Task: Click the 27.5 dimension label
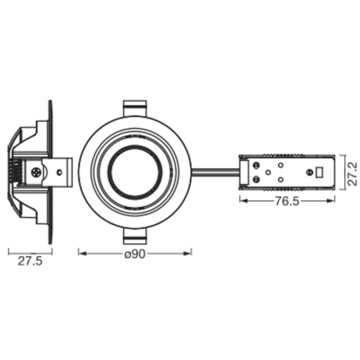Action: point(30,261)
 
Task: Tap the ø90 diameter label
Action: point(135,254)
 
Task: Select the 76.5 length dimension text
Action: point(287,201)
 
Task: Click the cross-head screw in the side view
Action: point(36,172)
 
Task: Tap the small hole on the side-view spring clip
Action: point(60,172)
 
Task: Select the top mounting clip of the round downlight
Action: point(135,108)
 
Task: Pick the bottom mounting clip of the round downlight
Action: point(135,236)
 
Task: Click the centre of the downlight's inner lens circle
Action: point(135,172)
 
